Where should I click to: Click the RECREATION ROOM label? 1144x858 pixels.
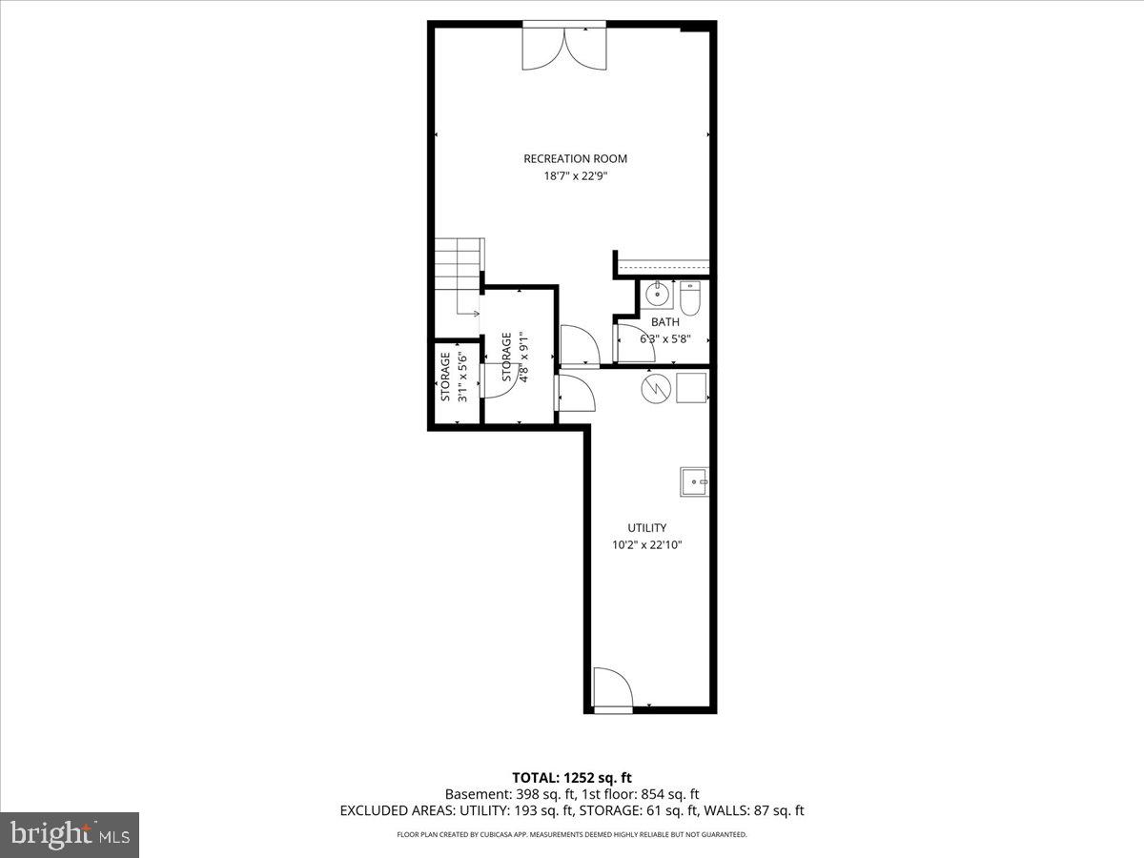click(x=575, y=158)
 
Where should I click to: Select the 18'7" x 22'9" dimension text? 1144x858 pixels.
click(x=575, y=175)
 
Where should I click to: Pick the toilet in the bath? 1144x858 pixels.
click(x=690, y=298)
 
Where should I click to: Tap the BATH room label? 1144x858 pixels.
click(x=665, y=322)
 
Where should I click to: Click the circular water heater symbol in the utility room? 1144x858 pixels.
click(x=654, y=387)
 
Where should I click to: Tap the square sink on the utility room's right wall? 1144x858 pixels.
click(x=694, y=482)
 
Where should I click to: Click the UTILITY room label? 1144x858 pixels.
click(x=646, y=527)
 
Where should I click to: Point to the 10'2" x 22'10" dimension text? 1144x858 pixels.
click(x=647, y=545)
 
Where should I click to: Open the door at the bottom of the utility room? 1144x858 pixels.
click(x=611, y=689)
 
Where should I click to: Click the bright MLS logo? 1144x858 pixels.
click(x=70, y=835)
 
